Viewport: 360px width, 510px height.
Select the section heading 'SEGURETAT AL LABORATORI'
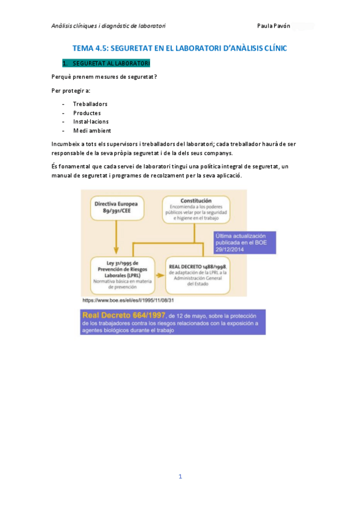[111, 63]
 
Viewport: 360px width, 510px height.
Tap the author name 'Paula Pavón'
[273, 26]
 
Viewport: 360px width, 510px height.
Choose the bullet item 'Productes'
[87, 113]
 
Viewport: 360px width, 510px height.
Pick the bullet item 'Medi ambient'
[92, 131]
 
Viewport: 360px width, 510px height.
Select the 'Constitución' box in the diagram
[196, 209]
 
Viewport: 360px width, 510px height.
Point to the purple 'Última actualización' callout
[245, 242]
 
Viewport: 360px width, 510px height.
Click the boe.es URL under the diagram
[128, 300]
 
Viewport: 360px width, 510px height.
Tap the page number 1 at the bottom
[180, 476]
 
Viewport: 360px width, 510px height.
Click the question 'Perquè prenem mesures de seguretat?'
[104, 76]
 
